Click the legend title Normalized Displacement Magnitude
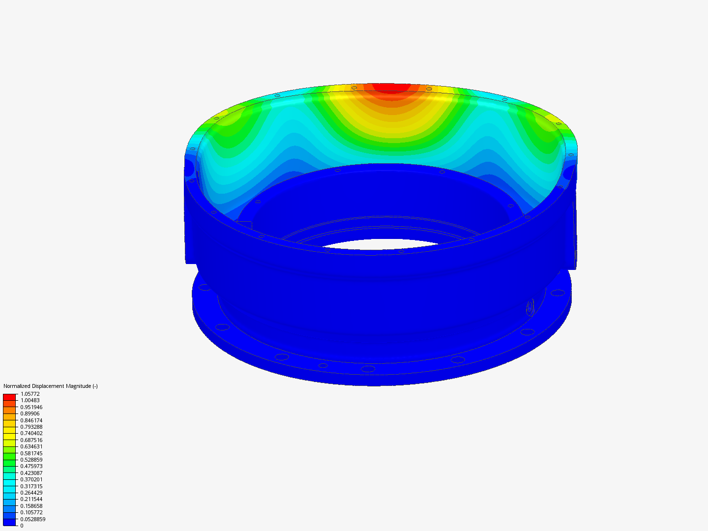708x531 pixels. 50,386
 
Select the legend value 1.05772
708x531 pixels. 30,394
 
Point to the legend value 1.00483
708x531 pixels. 30,400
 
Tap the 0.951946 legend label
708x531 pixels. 31,407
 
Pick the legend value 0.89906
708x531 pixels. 29,413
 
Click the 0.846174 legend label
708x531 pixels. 31,420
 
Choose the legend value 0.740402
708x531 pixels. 31,433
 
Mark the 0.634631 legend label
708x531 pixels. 31,446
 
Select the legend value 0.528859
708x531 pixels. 31,460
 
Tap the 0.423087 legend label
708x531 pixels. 31,473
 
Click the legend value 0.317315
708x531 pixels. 31,486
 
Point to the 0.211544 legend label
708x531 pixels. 31,499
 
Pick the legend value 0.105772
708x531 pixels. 31,512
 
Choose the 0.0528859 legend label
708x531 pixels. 32,519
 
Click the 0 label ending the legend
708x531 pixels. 22,526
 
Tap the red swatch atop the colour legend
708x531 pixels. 9,396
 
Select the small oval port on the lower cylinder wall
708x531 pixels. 530,307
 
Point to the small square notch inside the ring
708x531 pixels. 244,225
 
